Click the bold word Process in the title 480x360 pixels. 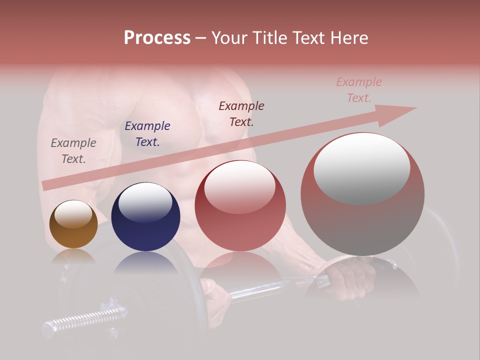[157, 38]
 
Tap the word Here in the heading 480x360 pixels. [348, 38]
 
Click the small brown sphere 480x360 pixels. [73, 224]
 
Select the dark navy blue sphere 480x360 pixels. [145, 217]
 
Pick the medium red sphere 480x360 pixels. [240, 206]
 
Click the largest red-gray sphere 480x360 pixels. [362, 195]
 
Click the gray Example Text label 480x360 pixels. [73, 150]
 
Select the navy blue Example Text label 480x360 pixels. [147, 133]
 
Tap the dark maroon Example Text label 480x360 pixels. [241, 113]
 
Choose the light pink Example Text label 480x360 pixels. [359, 90]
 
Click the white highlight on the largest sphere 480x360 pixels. [362, 168]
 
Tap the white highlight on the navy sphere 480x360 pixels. [145, 201]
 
